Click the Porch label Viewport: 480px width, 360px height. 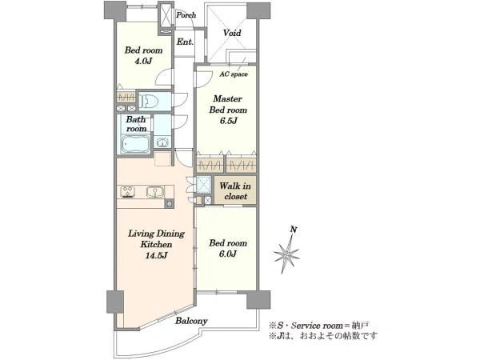[x=186, y=15]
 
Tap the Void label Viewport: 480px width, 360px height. [x=232, y=33]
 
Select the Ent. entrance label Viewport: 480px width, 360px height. [x=185, y=42]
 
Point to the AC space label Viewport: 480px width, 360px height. [x=234, y=74]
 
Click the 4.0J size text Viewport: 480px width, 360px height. [x=143, y=61]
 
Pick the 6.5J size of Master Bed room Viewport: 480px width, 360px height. [x=228, y=121]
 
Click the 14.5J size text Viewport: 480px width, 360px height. [x=156, y=256]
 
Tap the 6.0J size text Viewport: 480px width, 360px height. [x=228, y=254]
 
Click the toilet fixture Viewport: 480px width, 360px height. [x=148, y=101]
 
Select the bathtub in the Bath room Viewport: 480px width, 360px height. [x=136, y=144]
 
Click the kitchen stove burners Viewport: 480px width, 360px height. [x=128, y=192]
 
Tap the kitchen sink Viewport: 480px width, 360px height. [x=155, y=192]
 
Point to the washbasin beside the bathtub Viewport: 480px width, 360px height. [x=162, y=142]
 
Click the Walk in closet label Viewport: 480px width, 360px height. [x=235, y=191]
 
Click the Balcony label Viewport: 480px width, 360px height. [x=191, y=321]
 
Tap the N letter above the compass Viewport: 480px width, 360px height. [x=294, y=230]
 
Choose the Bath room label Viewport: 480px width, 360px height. [x=136, y=124]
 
